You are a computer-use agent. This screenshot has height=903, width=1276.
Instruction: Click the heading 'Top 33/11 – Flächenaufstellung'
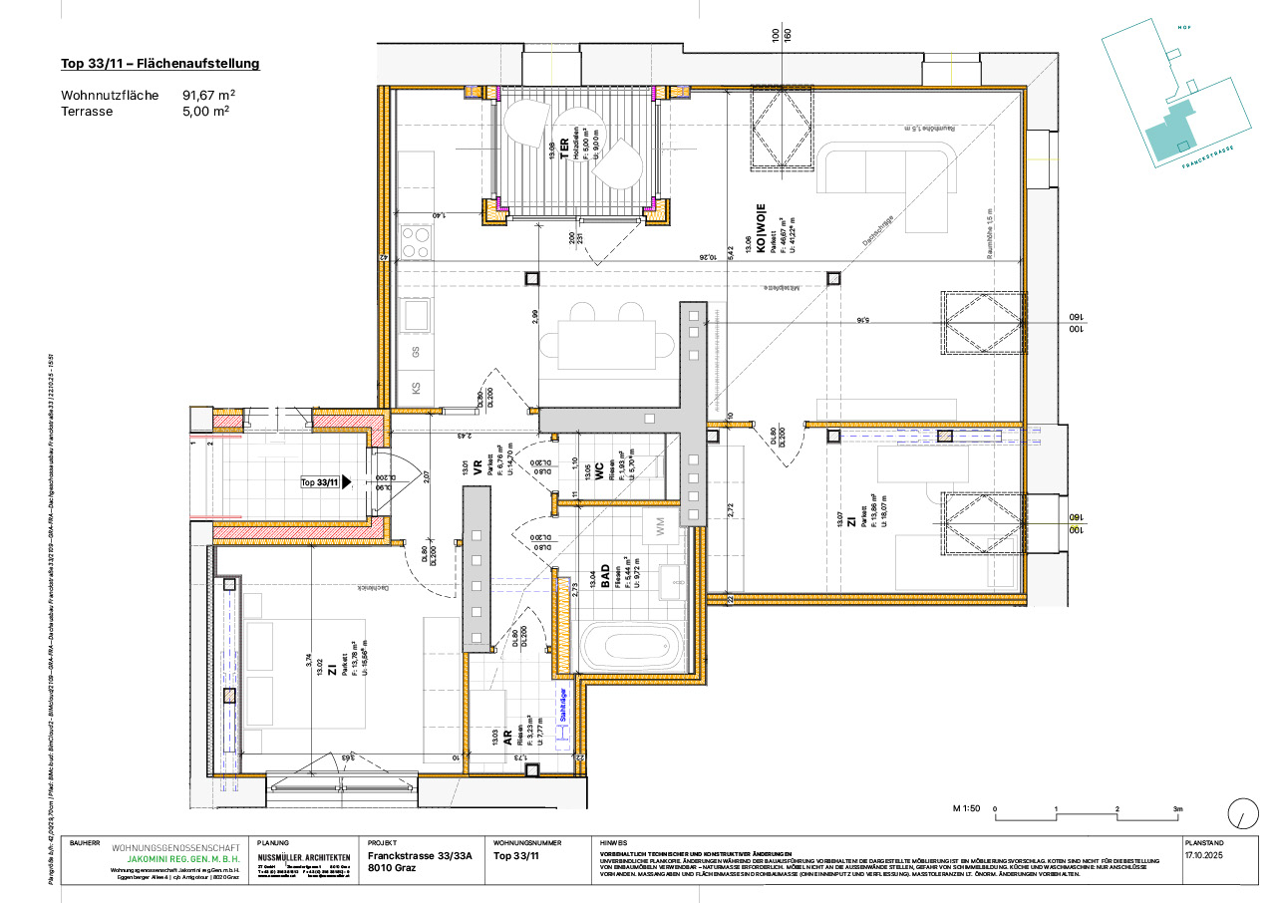160,64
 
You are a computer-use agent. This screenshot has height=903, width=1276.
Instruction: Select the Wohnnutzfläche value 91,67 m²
208,96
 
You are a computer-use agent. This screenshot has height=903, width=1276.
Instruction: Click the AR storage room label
507,739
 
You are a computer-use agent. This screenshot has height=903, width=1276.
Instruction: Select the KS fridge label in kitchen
417,389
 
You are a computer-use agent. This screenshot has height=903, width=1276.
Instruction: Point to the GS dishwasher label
417,352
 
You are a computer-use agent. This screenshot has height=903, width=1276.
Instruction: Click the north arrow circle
1242,812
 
